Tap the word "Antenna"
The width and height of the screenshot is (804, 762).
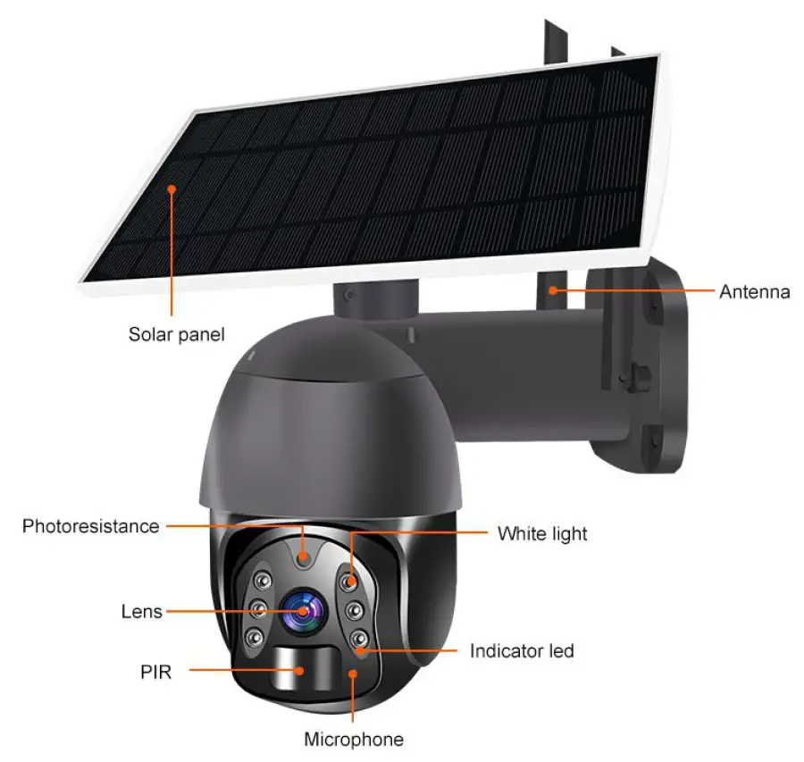tap(754, 291)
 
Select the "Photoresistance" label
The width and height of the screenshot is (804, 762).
tap(90, 526)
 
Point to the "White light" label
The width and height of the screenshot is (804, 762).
tap(542, 534)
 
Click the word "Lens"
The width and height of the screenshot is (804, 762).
tap(142, 612)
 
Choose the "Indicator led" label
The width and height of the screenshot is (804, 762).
tap(522, 651)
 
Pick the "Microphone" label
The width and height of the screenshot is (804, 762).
tap(354, 740)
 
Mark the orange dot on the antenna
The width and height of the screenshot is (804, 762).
tap(554, 290)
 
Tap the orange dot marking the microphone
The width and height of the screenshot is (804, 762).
tap(354, 674)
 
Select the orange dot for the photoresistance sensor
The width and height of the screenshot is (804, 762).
tap(304, 557)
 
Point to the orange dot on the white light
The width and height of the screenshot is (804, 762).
tap(351, 582)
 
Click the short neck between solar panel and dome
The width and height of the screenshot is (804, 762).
tap(374, 299)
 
